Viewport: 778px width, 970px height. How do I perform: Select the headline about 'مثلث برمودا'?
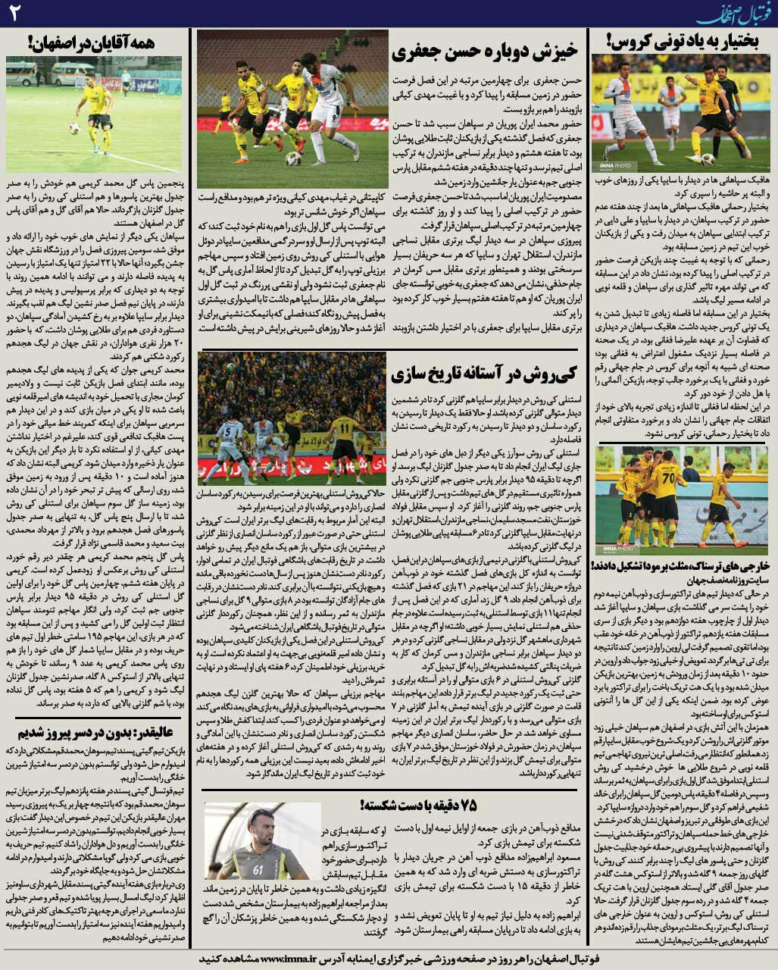coord(684,566)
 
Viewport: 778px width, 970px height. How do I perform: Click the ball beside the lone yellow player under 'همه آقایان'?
coord(74,129)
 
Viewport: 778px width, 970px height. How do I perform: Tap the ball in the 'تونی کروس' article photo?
coord(708,159)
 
